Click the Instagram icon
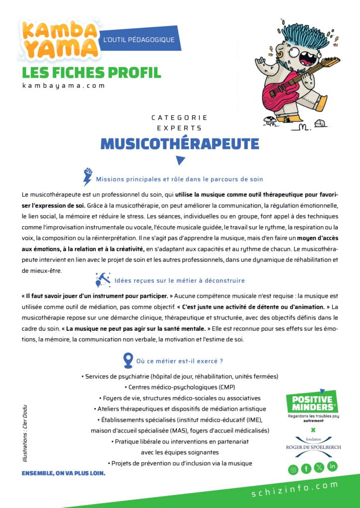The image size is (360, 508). click(293, 469)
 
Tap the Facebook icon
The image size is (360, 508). click(306, 468)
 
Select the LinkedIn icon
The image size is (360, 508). click(332, 466)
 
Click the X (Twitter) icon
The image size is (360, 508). click(319, 467)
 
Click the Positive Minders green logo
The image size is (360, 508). click(313, 404)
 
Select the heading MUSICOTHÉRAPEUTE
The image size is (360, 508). click(180, 143)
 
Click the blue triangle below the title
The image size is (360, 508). click(180, 160)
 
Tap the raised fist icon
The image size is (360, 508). click(88, 176)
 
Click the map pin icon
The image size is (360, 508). click(128, 360)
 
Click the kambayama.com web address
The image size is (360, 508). click(64, 85)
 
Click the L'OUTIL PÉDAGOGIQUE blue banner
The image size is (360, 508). click(138, 39)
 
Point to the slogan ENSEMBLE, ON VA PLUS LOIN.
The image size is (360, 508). click(64, 473)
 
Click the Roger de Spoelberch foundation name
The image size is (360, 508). click(313, 447)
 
